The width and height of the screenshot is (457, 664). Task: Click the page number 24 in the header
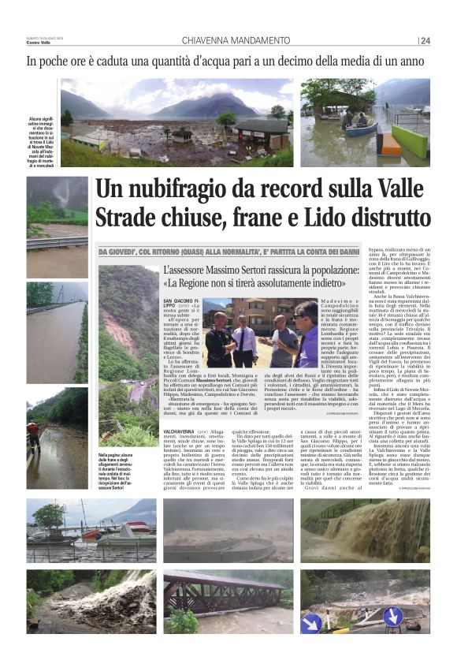coord(425,41)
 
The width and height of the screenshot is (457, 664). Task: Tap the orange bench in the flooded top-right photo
coord(390,143)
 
